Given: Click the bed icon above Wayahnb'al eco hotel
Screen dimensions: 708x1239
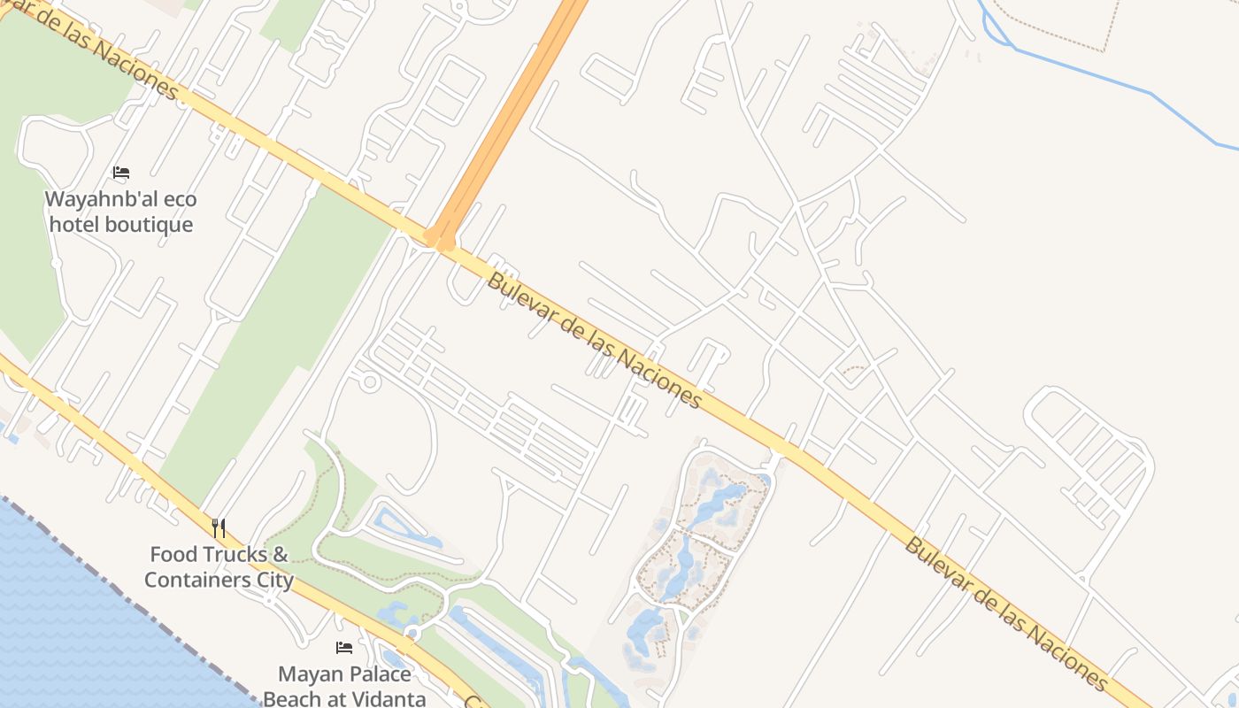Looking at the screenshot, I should tap(121, 173).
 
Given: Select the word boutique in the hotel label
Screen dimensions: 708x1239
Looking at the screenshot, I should tap(149, 225).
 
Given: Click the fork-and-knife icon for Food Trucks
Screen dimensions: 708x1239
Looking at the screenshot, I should tap(219, 528).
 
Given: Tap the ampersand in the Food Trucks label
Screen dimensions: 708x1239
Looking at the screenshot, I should tap(281, 555).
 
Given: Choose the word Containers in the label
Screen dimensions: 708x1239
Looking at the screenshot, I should tap(195, 581).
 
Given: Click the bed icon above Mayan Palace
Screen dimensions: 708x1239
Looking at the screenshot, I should tap(344, 648).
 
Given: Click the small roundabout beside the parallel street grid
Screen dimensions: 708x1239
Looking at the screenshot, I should tap(370, 382).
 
